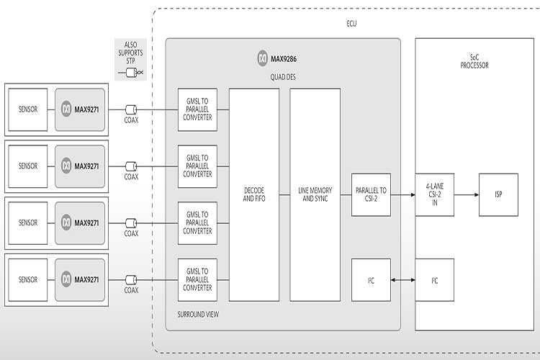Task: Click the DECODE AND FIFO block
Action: click(x=253, y=194)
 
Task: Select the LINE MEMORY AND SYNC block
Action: click(x=314, y=194)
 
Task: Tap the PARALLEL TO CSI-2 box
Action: click(x=371, y=194)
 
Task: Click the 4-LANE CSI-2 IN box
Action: click(x=436, y=194)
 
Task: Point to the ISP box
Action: click(x=498, y=194)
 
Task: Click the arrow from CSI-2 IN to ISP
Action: click(x=467, y=194)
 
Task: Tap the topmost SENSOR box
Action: click(x=28, y=109)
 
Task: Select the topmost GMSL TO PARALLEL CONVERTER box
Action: click(x=197, y=109)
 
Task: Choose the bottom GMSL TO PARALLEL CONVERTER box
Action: click(x=197, y=279)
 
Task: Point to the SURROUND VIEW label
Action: click(x=197, y=315)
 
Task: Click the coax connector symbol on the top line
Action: click(x=131, y=109)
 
